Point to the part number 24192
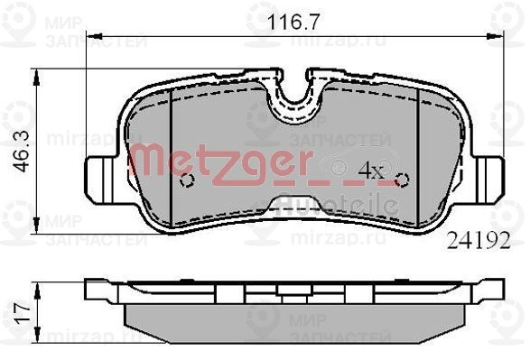(479, 241)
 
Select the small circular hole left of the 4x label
(188, 180)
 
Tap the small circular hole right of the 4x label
(402, 178)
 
